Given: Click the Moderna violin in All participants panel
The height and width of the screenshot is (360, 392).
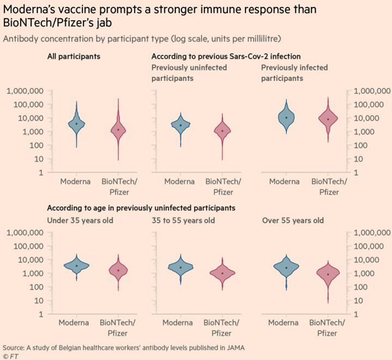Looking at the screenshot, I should [76, 123].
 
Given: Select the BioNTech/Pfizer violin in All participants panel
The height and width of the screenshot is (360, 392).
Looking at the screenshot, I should [118, 130].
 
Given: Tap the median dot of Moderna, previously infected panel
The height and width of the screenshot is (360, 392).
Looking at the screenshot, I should [286, 117].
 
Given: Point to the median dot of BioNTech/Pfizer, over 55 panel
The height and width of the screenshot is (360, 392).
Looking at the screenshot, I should [328, 274].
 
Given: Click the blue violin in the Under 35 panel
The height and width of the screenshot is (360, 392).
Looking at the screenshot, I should [76, 265].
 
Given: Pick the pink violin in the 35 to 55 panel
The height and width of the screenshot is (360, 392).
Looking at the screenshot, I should [223, 273].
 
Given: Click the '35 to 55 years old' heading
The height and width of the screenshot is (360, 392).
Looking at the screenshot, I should [183, 220].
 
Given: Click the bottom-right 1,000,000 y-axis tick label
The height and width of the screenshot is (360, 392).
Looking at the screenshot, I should [372, 233].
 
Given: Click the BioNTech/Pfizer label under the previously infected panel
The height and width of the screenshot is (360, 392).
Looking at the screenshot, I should [329, 187].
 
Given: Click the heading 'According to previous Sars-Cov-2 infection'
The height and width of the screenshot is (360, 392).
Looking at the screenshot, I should [226, 56].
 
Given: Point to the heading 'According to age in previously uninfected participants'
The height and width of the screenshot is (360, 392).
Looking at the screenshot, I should [141, 208].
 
